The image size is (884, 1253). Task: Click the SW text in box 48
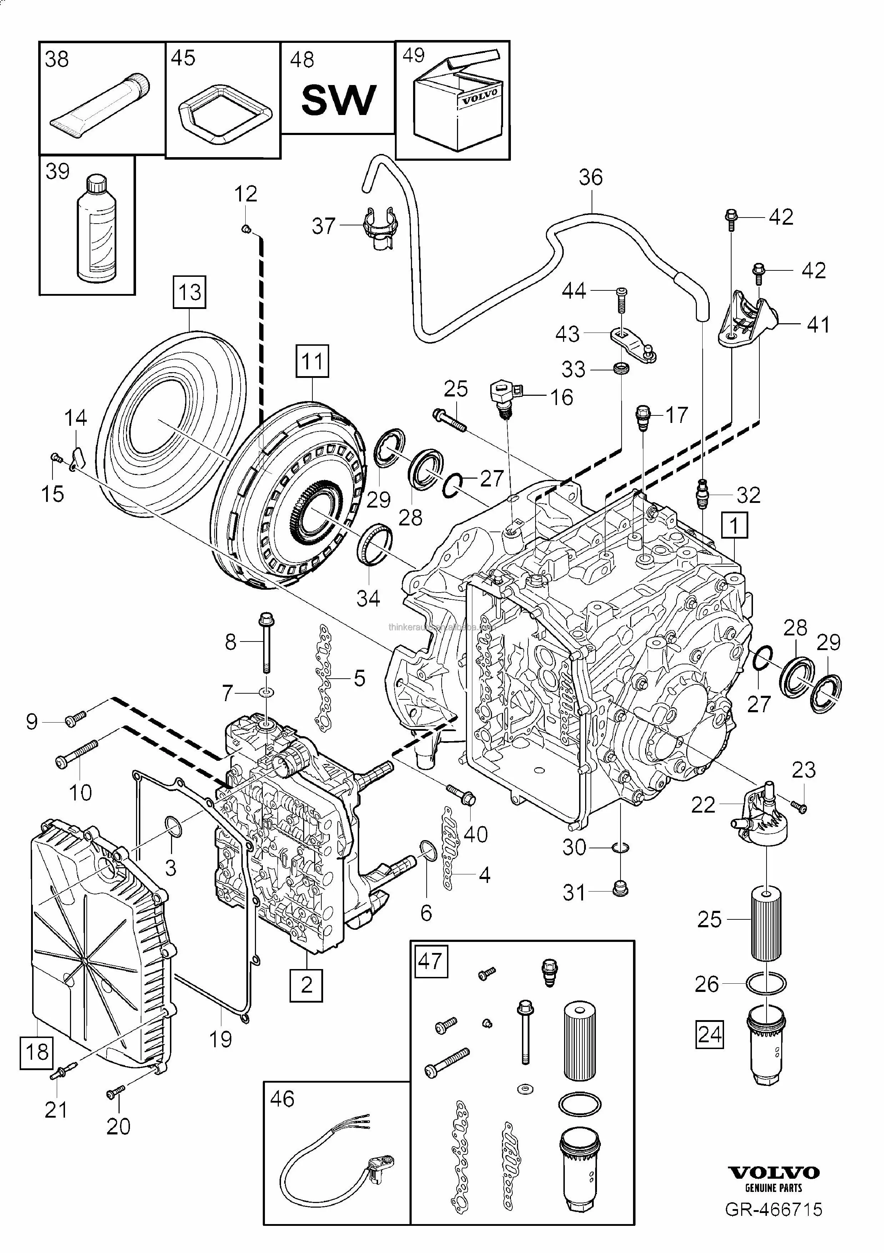pyautogui.click(x=338, y=100)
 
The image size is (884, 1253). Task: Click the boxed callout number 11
pyautogui.click(x=312, y=361)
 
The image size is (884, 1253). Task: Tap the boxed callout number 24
pyautogui.click(x=709, y=1034)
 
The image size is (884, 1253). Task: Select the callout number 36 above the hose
pyautogui.click(x=591, y=178)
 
